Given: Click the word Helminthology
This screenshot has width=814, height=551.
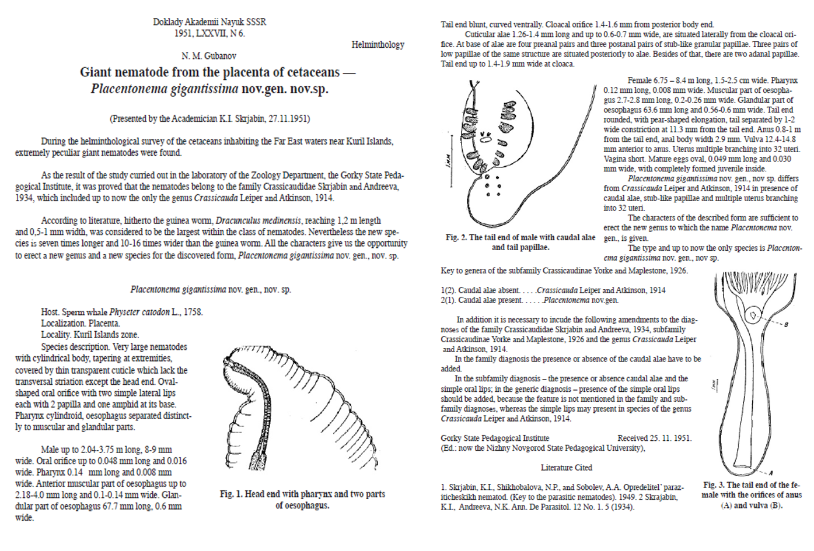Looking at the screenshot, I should [x=378, y=44].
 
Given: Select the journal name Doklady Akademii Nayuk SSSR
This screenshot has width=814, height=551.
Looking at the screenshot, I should [x=209, y=22].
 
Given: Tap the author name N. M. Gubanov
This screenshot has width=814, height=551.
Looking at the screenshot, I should [x=209, y=56].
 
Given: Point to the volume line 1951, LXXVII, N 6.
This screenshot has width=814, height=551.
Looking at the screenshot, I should [x=209, y=33].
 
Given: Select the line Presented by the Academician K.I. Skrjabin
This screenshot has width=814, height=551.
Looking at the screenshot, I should [x=209, y=119].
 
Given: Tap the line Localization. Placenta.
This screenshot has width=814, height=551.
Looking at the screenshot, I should [x=81, y=324].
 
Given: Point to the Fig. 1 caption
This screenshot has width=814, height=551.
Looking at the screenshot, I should [x=302, y=499].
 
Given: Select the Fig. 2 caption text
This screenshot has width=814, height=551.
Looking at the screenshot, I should [x=520, y=242].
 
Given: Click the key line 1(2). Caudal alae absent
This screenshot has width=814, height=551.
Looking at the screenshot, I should [x=553, y=290].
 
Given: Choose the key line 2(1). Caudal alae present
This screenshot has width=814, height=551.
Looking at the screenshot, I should [x=529, y=300].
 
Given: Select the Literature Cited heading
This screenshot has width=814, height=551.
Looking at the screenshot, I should [x=566, y=468].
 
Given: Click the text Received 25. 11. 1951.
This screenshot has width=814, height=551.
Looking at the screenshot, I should [x=654, y=438].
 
